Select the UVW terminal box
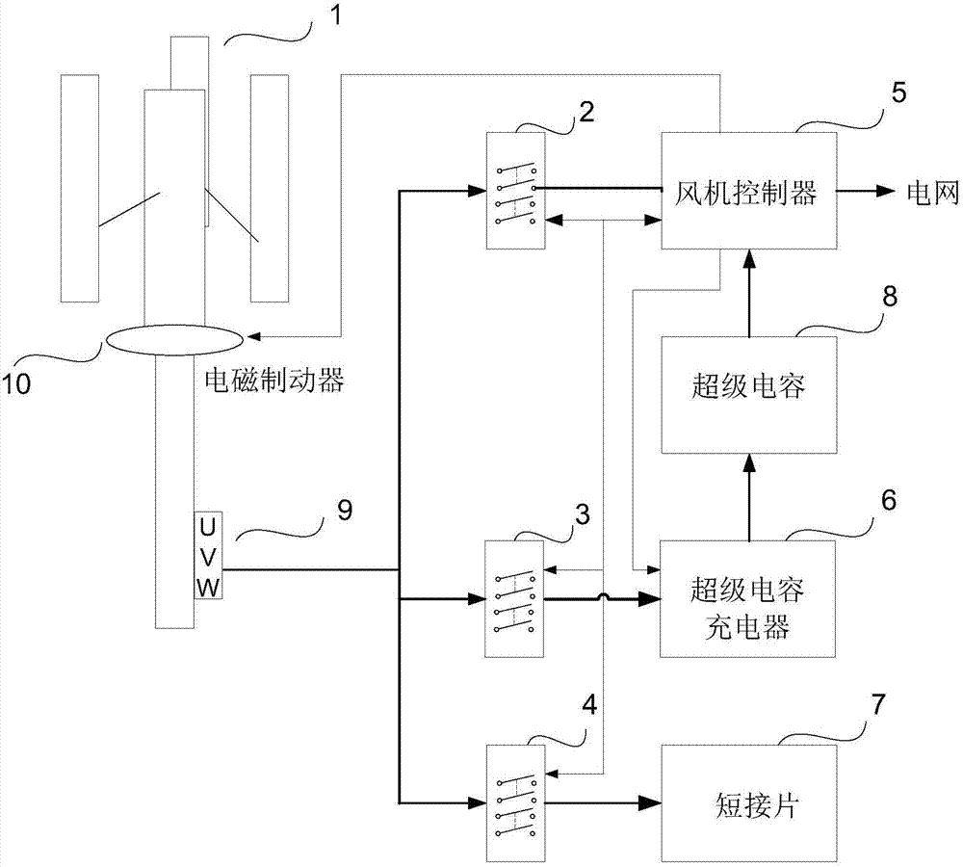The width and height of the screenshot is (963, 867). (x=209, y=555)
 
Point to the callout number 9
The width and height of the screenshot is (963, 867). (x=344, y=510)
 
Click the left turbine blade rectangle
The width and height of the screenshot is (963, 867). (x=79, y=187)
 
